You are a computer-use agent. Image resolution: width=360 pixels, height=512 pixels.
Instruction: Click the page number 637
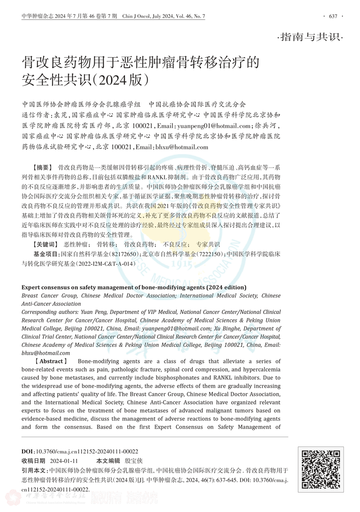tap(333, 16)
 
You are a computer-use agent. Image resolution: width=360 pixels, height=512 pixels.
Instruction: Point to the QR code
tap(320, 470)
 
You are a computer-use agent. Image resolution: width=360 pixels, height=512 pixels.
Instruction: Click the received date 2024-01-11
tap(64, 461)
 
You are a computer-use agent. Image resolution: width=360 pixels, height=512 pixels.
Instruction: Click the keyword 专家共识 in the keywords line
tap(208, 244)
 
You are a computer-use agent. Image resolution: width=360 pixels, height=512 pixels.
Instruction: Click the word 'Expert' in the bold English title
tap(31, 288)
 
